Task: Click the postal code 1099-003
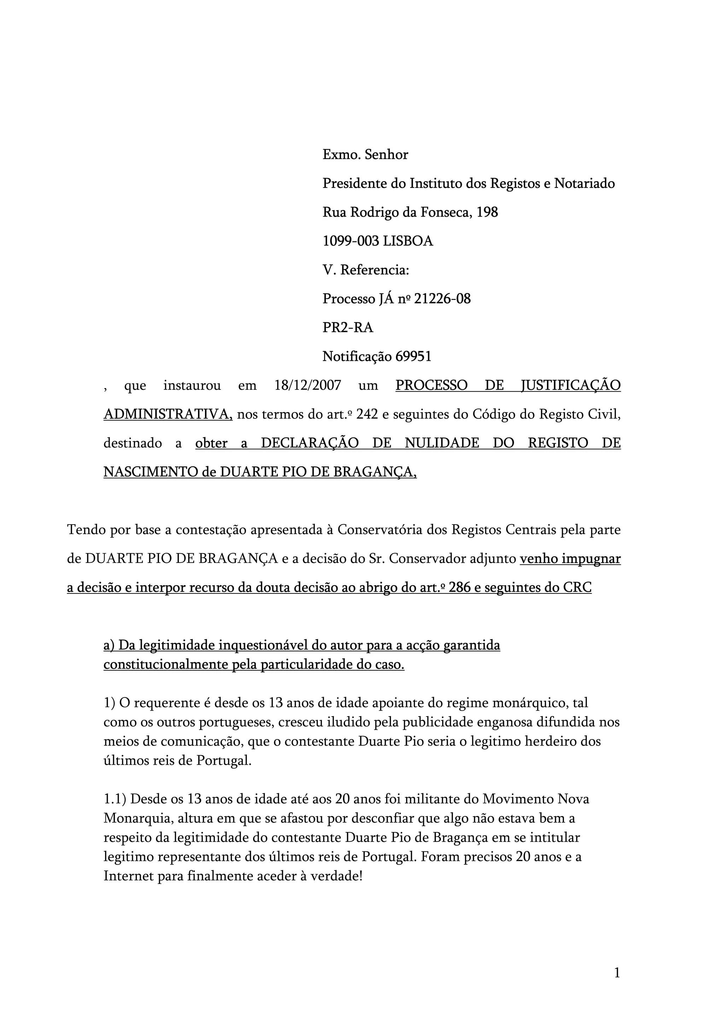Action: (351, 241)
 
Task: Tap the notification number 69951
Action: (414, 357)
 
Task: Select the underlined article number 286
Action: (460, 587)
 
